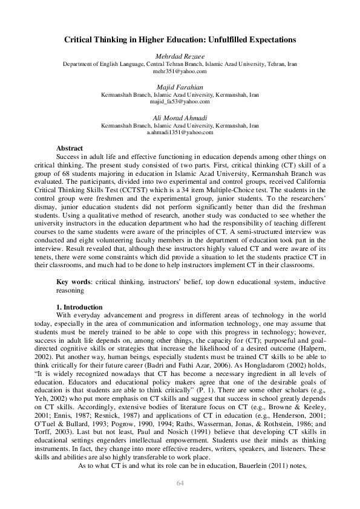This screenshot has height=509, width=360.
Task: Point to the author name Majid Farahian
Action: [x=180, y=88]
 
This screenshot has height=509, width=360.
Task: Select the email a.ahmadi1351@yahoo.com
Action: [x=180, y=132]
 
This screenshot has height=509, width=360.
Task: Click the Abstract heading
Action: [x=70, y=148]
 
